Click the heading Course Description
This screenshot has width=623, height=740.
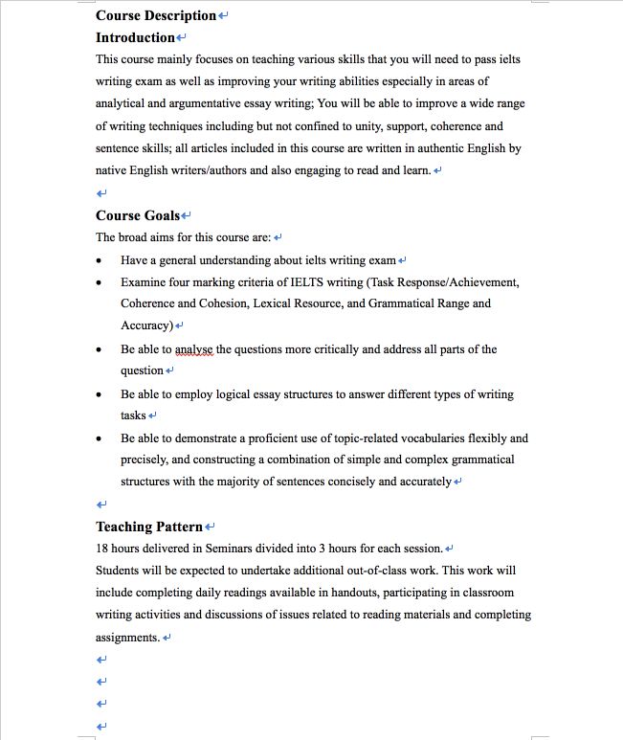click(x=156, y=15)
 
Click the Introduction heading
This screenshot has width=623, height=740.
click(x=135, y=37)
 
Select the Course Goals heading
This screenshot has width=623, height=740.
click(x=138, y=215)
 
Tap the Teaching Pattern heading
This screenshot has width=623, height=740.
click(x=149, y=527)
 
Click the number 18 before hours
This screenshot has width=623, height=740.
click(x=102, y=549)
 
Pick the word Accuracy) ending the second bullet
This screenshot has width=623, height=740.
click(x=146, y=325)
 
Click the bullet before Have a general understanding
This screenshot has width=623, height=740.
click(x=100, y=260)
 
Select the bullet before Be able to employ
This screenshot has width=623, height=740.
click(x=100, y=394)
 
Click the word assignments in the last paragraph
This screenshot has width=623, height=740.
click(x=127, y=638)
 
